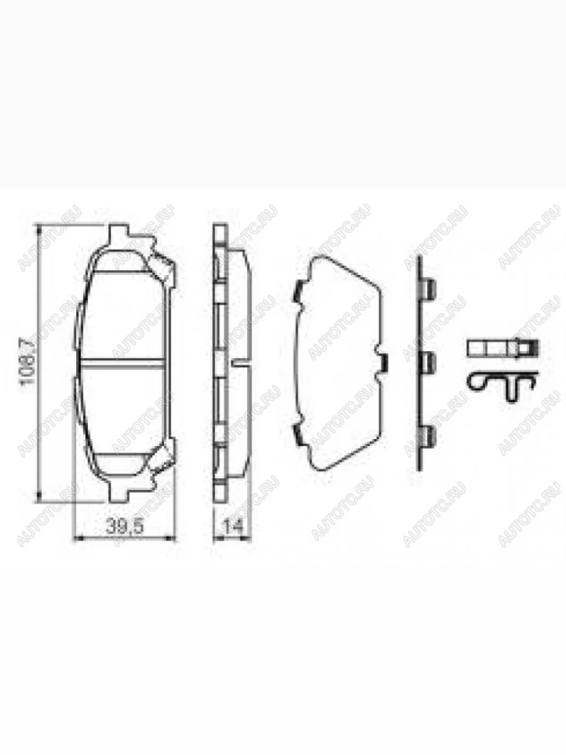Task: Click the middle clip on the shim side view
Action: pos(428,361)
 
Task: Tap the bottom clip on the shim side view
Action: pos(428,435)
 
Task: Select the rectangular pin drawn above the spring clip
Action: pos(503,348)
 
